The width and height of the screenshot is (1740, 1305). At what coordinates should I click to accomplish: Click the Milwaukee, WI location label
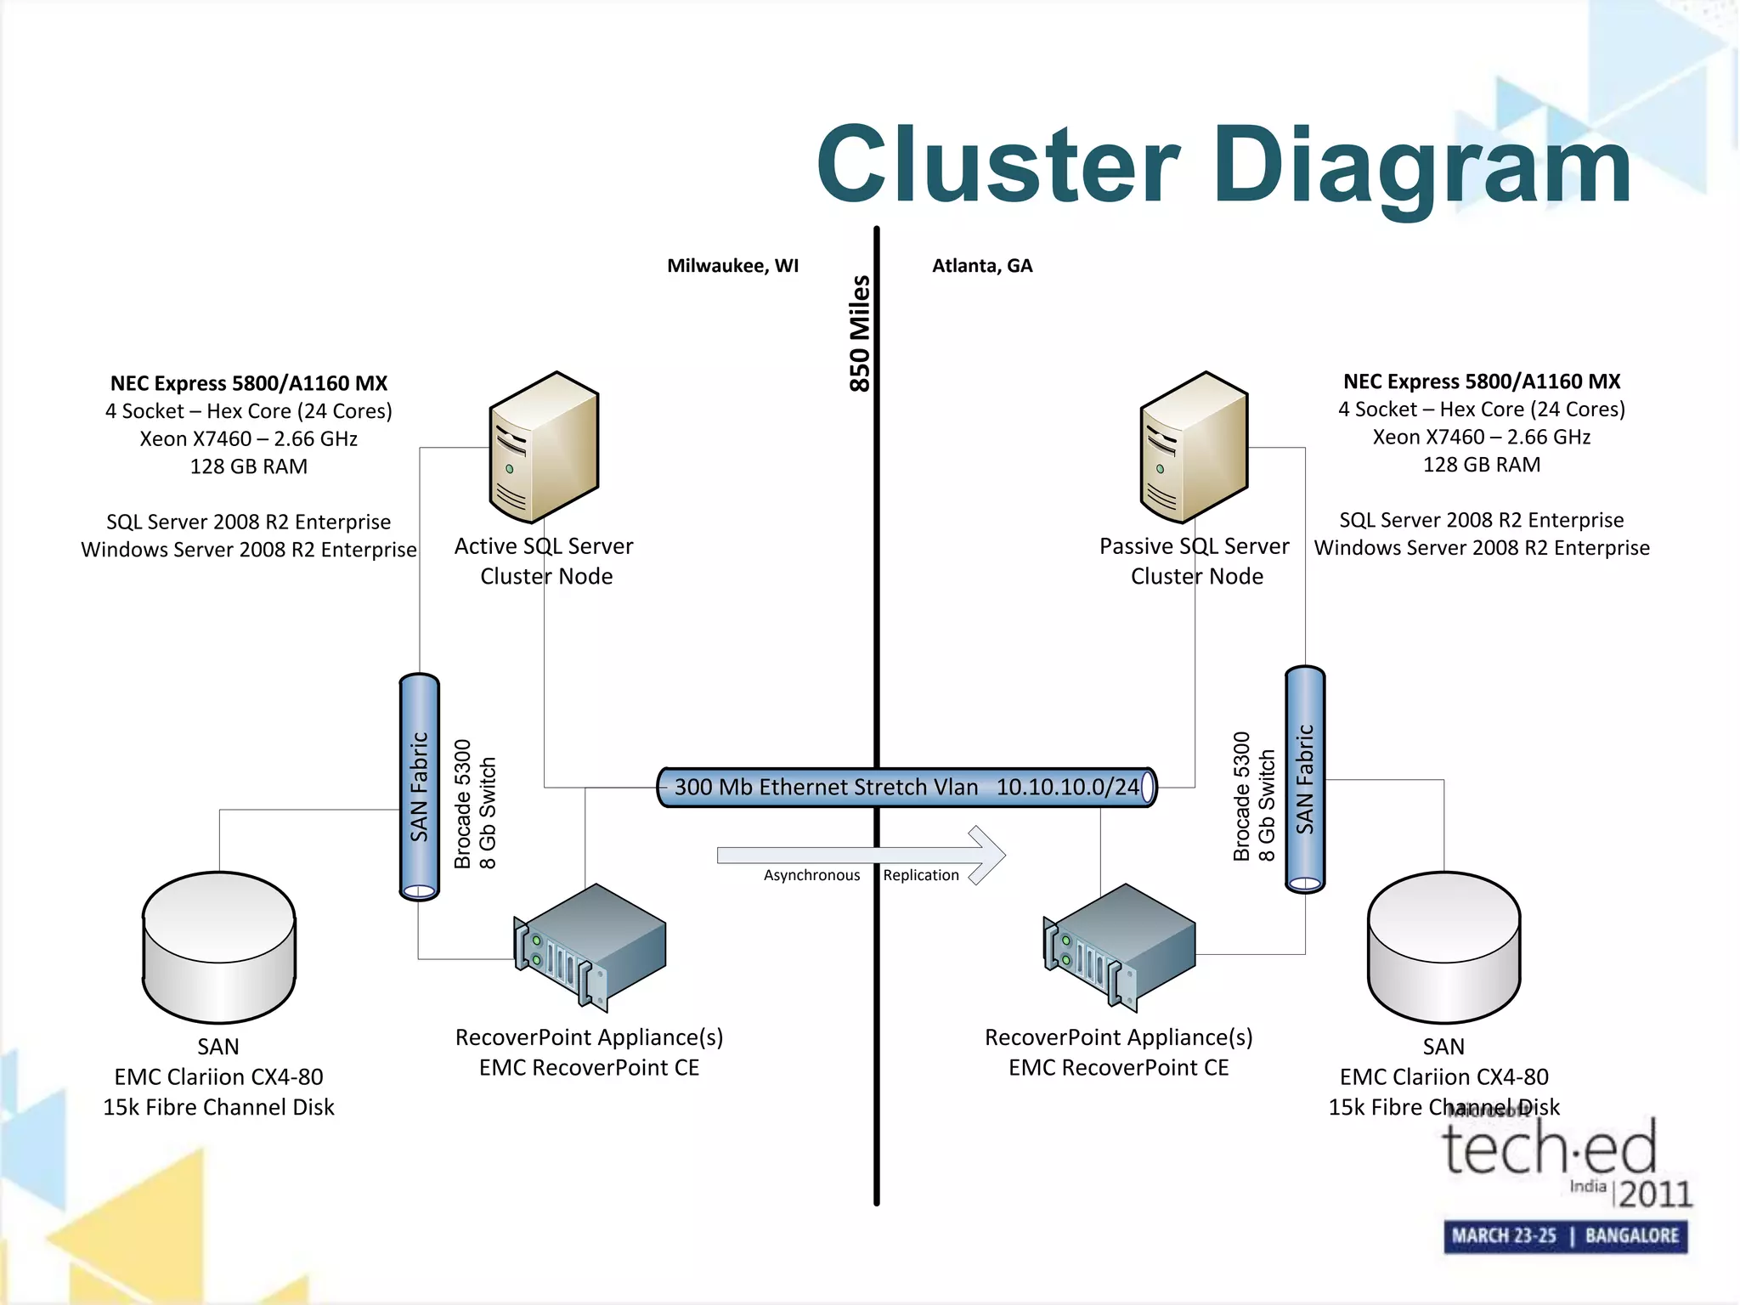click(732, 266)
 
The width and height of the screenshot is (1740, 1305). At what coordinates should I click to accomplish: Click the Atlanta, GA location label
click(982, 266)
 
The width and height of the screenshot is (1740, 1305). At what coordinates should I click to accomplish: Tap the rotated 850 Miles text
click(860, 333)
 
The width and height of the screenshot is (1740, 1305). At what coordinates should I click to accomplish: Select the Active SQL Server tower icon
click(544, 447)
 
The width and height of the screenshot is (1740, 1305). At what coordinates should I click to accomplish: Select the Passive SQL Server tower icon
click(1194, 447)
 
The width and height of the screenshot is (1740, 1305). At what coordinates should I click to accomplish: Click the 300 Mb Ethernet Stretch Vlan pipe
click(906, 787)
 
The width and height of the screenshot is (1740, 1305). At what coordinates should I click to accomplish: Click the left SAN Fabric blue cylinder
click(419, 787)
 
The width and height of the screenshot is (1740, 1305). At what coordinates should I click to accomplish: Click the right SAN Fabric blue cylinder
click(1305, 779)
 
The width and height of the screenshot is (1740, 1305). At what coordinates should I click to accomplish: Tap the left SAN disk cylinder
click(219, 947)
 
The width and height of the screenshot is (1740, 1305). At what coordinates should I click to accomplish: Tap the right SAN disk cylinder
click(1443, 947)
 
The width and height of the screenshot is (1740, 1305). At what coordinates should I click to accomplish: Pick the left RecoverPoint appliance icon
click(590, 947)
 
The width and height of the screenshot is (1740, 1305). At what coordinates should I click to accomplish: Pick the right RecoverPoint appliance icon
click(1119, 947)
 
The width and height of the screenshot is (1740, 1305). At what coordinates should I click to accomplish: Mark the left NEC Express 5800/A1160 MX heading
click(249, 383)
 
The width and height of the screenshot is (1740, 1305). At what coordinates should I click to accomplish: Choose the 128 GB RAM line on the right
click(1482, 465)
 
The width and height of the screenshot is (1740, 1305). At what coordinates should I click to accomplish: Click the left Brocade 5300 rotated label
click(463, 804)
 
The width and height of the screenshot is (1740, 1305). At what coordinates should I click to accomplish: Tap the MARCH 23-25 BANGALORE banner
click(1565, 1235)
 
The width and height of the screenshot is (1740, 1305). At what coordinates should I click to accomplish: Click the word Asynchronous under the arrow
click(811, 875)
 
